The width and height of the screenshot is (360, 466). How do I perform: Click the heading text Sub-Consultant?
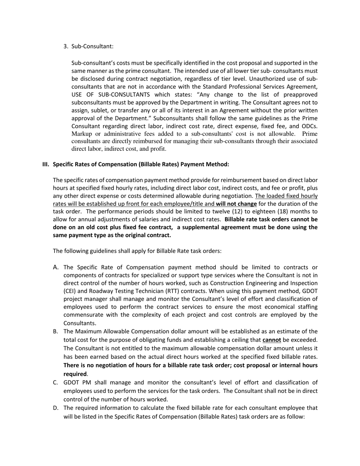pos(92,46)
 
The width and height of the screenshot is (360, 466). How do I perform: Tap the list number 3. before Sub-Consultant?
pos(66,46)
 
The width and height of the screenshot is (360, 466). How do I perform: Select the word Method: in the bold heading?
pos(218,164)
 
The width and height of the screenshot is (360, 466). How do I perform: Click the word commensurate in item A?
pos(84,315)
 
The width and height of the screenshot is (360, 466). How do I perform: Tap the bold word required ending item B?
pos(75,374)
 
